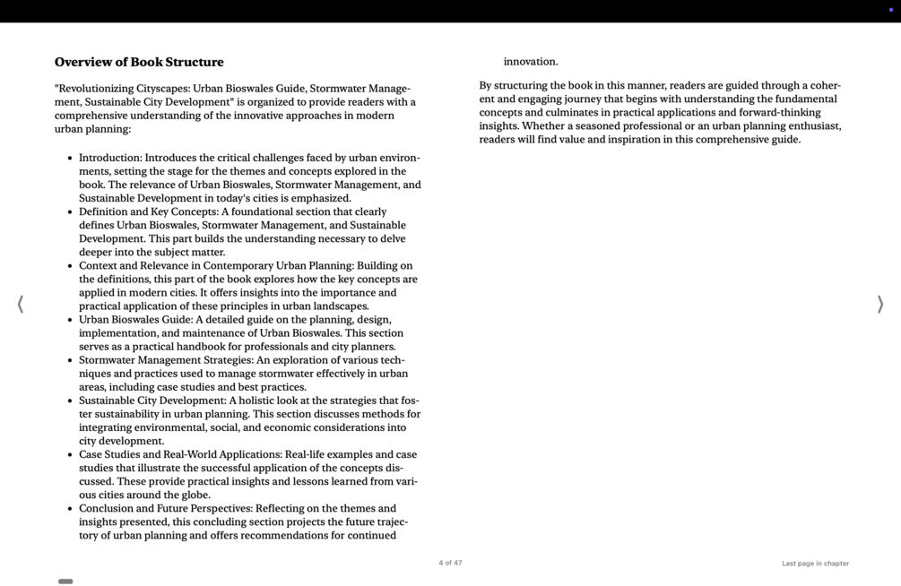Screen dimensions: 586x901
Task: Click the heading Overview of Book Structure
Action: [139, 62]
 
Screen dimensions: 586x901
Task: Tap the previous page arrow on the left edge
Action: [20, 305]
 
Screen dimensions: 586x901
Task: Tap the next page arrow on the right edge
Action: [880, 305]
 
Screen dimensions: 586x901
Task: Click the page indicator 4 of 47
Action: [450, 563]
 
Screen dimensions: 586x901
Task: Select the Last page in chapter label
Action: [815, 564]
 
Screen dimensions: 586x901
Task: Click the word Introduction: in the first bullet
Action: [110, 158]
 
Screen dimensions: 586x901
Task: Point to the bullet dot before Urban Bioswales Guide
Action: [70, 320]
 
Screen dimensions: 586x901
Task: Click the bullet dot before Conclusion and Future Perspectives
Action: [70, 509]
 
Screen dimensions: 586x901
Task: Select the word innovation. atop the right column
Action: [531, 62]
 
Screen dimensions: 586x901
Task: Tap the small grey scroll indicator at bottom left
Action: [65, 582]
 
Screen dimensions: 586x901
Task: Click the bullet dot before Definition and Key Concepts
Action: [70, 212]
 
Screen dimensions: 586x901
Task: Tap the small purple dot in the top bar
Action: [890, 10]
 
